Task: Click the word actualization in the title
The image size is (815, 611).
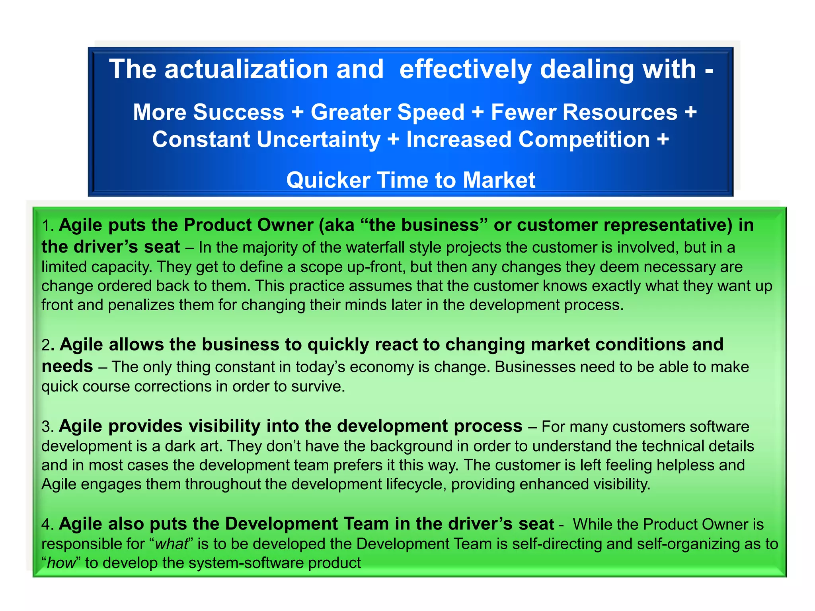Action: (246, 70)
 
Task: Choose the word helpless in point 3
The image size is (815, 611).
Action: (685, 465)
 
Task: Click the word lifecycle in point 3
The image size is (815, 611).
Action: (415, 485)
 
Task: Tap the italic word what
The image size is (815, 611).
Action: (171, 544)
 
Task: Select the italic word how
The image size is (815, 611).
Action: (61, 563)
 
